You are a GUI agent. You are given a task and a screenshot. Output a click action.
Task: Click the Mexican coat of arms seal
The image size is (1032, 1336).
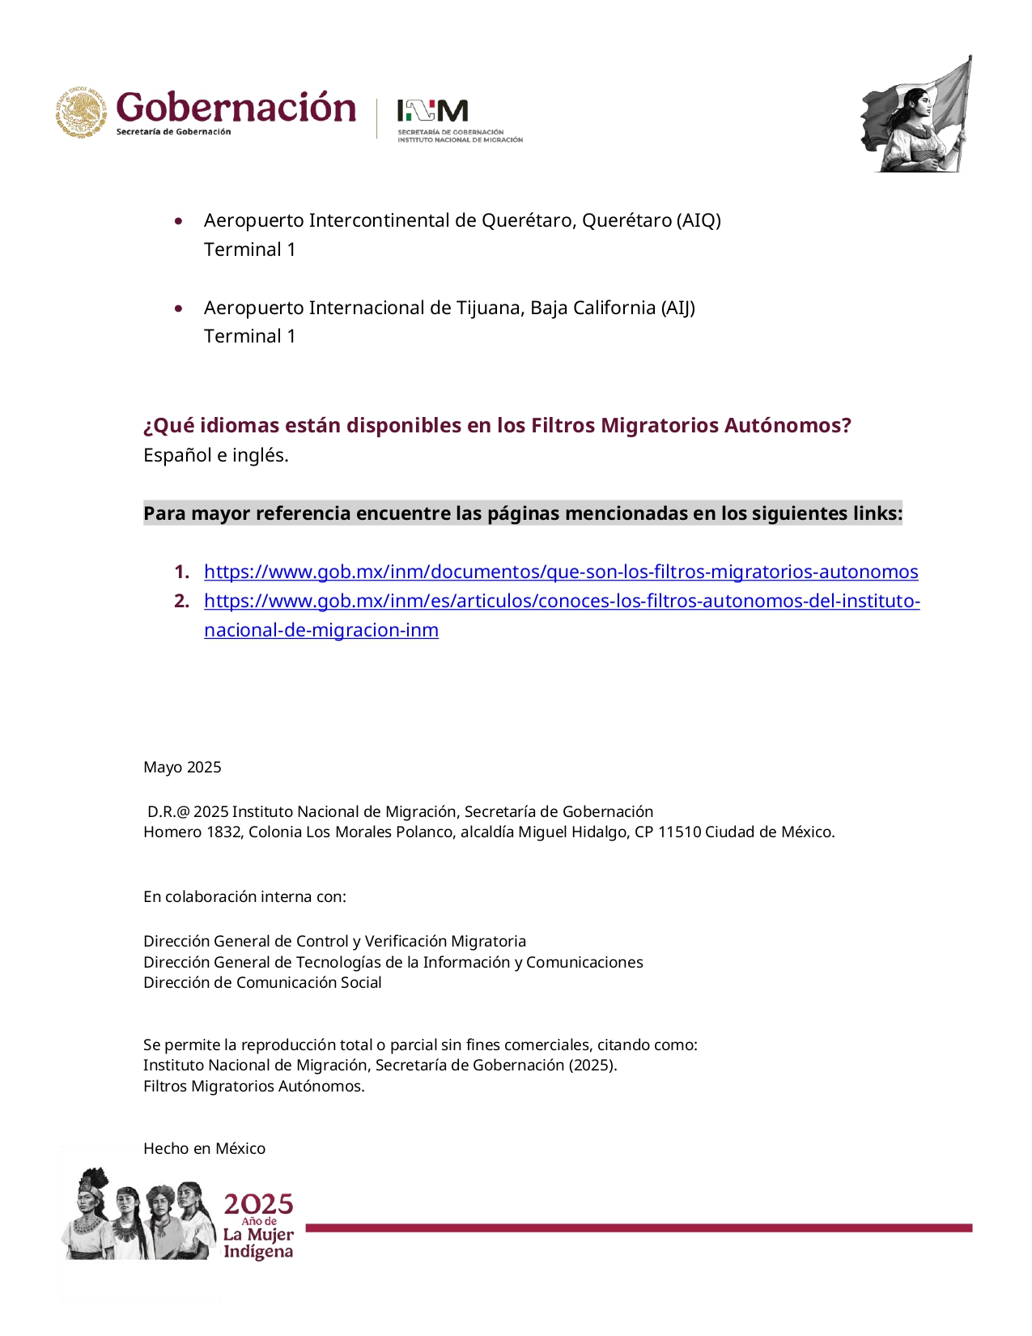tap(81, 112)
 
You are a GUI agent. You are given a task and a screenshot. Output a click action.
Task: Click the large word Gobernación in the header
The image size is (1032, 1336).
tap(236, 108)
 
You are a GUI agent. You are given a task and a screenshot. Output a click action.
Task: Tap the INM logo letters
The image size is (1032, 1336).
tap(432, 110)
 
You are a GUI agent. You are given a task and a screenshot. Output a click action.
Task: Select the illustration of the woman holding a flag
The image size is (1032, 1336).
tap(917, 114)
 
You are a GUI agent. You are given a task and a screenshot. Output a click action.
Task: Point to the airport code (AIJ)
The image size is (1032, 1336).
tap(677, 308)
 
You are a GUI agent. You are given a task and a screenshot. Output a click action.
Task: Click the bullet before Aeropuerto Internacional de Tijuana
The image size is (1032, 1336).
tap(179, 308)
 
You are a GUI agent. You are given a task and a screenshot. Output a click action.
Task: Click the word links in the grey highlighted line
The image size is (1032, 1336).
tap(879, 513)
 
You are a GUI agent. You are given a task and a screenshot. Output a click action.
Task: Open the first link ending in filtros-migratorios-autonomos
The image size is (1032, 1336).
tap(561, 572)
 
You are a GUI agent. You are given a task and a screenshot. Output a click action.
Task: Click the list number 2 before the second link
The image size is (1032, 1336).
tap(181, 601)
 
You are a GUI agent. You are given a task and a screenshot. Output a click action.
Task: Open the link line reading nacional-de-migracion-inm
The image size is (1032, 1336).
tap(321, 630)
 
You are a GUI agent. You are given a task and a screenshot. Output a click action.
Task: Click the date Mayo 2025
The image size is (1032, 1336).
tap(182, 767)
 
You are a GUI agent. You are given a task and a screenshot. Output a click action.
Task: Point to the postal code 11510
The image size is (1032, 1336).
tap(679, 832)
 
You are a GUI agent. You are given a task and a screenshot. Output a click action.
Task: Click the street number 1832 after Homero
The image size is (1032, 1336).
tap(224, 832)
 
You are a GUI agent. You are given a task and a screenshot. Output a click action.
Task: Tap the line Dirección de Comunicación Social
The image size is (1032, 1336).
tap(262, 982)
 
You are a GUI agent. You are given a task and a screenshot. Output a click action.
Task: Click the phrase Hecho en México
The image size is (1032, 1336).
tap(204, 1148)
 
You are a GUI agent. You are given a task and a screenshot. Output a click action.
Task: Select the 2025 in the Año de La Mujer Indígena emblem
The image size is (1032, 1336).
tap(258, 1203)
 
